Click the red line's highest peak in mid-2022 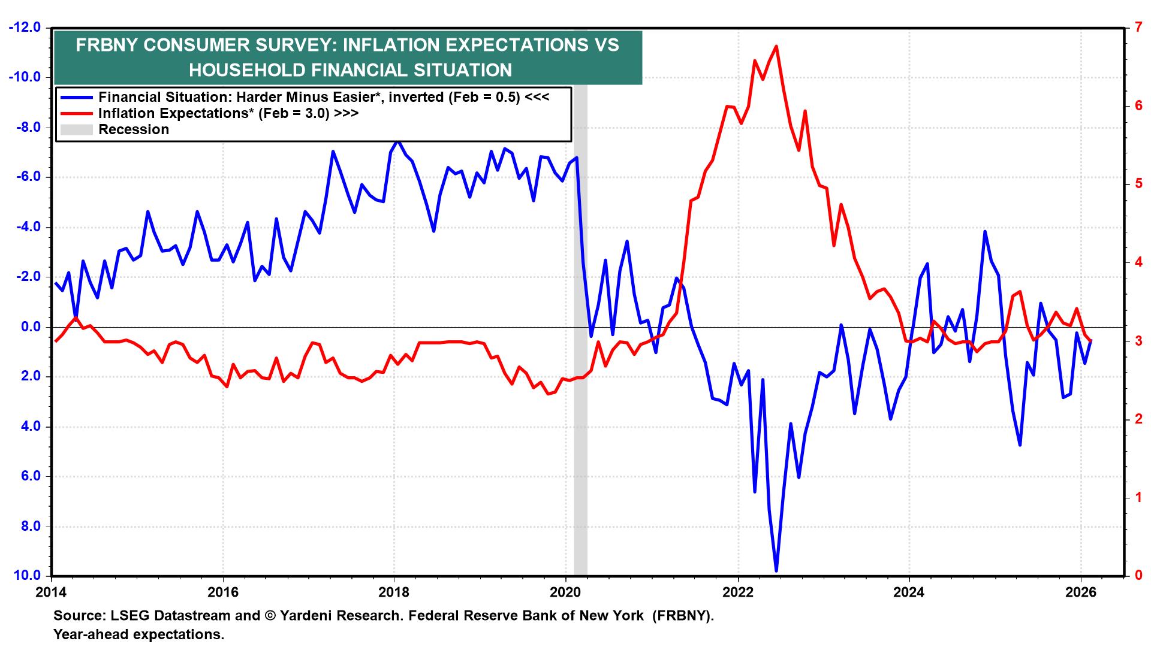776,46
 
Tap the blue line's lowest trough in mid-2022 776,571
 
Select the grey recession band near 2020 580,359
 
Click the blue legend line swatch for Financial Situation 76,97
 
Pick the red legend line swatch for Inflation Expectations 76,113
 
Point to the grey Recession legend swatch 76,129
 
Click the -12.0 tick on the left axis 24,28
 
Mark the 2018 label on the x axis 394,592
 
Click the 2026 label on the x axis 1081,592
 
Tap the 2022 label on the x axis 737,592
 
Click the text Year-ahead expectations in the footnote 138,634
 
